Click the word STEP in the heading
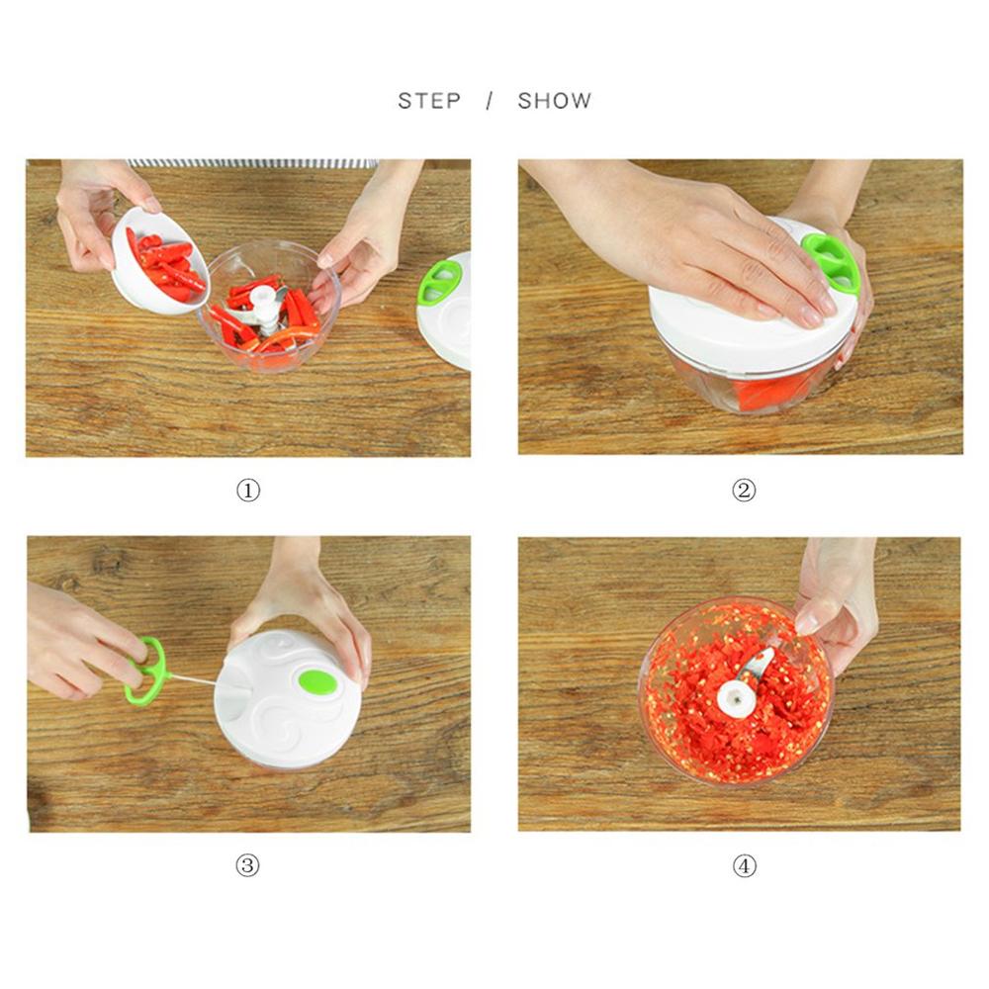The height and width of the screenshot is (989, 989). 429,101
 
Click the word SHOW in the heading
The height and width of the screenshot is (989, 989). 555,101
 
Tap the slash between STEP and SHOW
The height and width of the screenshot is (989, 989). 489,101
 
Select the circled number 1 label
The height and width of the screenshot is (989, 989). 247,490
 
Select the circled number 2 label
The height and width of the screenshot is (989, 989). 743,490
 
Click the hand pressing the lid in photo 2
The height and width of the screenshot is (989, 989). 712,237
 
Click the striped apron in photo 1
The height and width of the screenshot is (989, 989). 252,163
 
